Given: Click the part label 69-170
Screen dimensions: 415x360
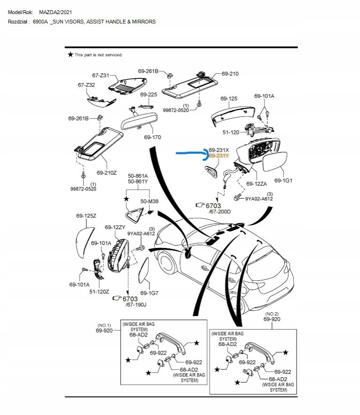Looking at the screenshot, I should (x=153, y=138).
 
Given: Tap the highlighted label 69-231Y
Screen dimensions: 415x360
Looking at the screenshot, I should (x=219, y=156).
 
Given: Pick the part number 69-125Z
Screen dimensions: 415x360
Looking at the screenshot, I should (x=86, y=216).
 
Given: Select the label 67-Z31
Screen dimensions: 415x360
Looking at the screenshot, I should (x=101, y=75).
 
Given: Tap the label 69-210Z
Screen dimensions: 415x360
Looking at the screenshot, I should (x=106, y=172).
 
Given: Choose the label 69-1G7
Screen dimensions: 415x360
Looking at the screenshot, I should (x=150, y=293).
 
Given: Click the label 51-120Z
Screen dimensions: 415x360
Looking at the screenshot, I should (x=100, y=292).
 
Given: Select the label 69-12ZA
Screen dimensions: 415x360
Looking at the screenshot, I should (x=257, y=184).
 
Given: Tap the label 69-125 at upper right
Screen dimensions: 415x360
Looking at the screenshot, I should (x=229, y=99).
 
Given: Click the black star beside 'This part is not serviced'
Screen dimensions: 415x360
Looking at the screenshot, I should (x=70, y=55).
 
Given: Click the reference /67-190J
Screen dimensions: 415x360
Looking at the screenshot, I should (x=136, y=305).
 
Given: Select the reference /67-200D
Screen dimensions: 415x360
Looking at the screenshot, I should (x=219, y=212).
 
